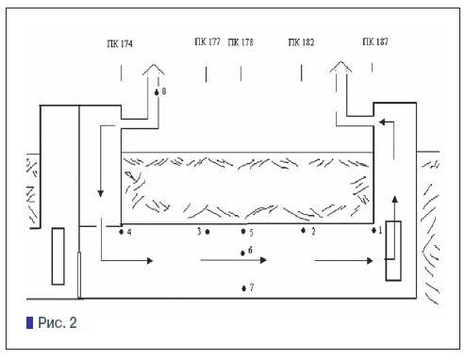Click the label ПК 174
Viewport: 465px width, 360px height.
120,43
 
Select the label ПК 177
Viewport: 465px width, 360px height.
208,41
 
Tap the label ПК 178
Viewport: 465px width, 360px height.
241,42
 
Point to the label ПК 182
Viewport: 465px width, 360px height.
301,42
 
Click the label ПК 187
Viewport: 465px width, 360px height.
375,41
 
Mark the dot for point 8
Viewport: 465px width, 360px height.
157,92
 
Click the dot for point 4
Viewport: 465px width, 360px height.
122,232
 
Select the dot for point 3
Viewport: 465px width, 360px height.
208,232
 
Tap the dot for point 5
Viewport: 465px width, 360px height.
243,231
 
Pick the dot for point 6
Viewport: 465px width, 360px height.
242,253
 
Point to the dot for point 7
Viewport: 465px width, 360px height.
243,288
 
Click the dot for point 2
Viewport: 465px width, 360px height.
303,231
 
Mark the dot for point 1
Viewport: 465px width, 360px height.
374,231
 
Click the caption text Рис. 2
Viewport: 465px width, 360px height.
58,322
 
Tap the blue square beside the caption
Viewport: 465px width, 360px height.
29,322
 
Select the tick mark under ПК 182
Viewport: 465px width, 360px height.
302,73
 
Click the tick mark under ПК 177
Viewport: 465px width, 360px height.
206,74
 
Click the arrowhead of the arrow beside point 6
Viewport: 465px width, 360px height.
264,260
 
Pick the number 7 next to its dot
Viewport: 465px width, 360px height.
252,287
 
